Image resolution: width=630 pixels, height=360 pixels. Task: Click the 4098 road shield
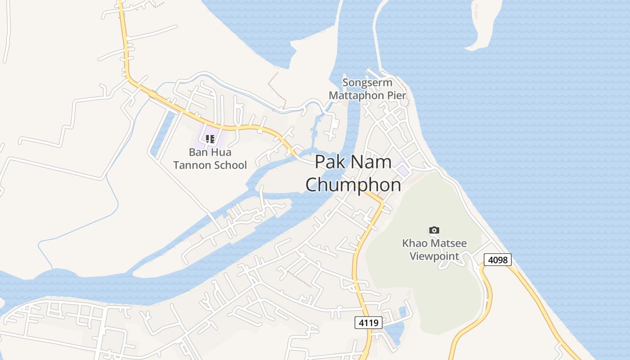click(x=497, y=260)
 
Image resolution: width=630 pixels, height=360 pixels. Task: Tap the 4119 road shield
click(x=368, y=322)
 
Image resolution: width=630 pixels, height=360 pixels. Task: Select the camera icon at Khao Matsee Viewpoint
click(x=434, y=230)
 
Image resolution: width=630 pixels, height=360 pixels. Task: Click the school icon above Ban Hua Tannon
click(x=210, y=139)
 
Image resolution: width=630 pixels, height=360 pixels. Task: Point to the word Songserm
click(x=367, y=83)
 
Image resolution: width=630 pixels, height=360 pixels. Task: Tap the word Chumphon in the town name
click(x=353, y=184)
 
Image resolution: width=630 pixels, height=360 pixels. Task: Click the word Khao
click(x=414, y=243)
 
